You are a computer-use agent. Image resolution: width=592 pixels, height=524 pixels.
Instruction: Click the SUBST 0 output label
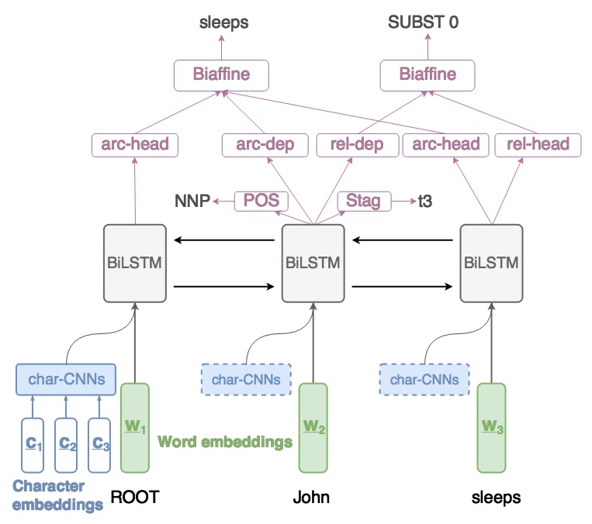point(423,22)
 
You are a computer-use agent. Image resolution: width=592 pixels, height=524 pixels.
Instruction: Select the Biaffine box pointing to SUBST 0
point(427,75)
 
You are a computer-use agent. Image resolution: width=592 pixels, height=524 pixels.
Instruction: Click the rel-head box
point(537,143)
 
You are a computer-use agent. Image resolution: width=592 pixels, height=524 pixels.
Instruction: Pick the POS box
point(261,202)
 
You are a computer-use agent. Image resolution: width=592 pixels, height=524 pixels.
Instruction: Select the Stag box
point(364,202)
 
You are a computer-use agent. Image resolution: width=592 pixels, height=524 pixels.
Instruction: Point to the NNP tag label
point(193,202)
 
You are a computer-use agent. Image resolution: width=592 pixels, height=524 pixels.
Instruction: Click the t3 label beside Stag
point(425,202)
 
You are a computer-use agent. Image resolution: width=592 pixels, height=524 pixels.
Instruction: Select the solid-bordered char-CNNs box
point(66,380)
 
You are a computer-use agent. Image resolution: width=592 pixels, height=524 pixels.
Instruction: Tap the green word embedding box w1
point(135,428)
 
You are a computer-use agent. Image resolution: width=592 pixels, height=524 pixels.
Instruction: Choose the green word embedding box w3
point(490,428)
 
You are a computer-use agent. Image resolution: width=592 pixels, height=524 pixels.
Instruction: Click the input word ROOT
point(134,497)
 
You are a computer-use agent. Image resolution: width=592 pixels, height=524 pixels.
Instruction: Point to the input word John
point(311,497)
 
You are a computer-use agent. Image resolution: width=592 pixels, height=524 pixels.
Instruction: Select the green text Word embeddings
point(225,442)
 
